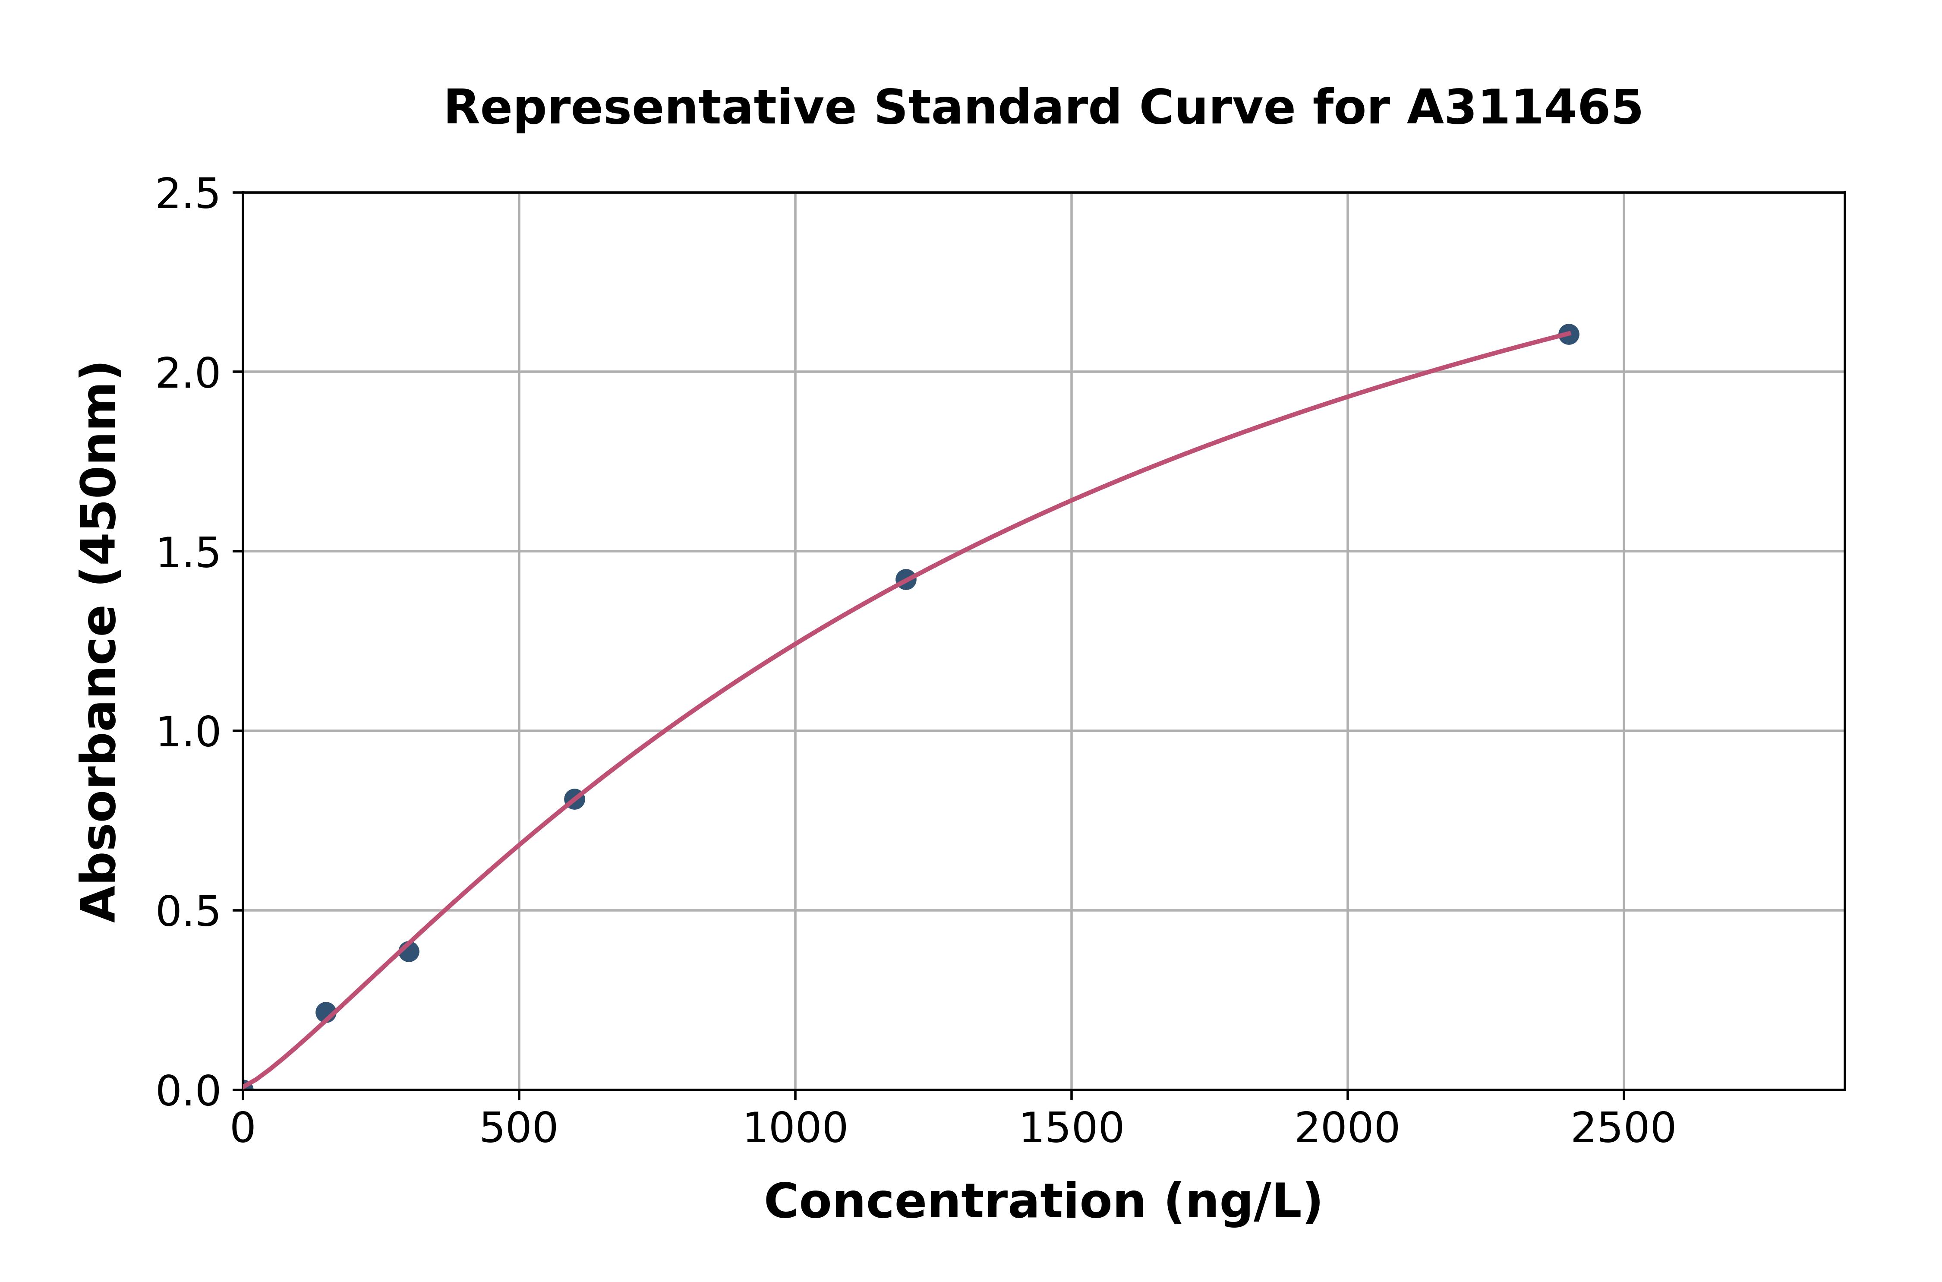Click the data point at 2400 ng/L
[1568, 334]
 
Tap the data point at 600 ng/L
[574, 799]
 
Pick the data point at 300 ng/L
[409, 951]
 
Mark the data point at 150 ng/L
[325, 1012]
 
